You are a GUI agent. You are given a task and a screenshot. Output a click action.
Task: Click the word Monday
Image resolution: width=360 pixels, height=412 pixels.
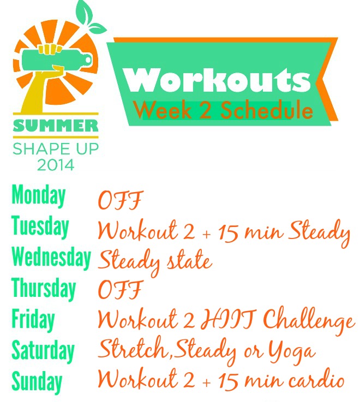pos(39,196)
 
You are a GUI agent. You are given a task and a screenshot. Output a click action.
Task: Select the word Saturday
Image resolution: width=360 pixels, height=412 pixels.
pos(43,351)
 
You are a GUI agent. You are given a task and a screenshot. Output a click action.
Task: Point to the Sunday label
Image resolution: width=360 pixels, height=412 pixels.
pos(37,382)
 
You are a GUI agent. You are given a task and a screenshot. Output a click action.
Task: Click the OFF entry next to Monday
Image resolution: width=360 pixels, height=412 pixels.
pos(121,200)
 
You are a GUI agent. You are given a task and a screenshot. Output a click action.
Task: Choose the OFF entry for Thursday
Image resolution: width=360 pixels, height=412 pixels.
pos(121,289)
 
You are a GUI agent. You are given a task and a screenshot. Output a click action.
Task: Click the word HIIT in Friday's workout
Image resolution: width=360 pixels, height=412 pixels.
pos(229,320)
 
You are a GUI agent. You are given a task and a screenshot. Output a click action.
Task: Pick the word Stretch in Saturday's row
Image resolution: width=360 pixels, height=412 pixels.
pos(134,348)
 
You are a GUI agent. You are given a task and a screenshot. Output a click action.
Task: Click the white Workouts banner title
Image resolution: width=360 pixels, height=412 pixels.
pos(217,80)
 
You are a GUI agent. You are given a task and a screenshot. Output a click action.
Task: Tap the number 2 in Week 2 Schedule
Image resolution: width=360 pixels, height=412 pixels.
pos(206,110)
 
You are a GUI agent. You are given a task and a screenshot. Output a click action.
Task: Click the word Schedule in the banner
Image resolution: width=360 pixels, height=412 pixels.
pos(267,110)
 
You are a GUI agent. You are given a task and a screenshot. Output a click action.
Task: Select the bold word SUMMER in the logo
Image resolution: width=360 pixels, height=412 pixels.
pos(56,126)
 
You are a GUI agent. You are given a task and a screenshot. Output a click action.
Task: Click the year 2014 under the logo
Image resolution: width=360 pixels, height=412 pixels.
pos(56,165)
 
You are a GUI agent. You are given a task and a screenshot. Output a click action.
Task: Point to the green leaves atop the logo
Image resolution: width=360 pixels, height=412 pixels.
pos(89,16)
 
